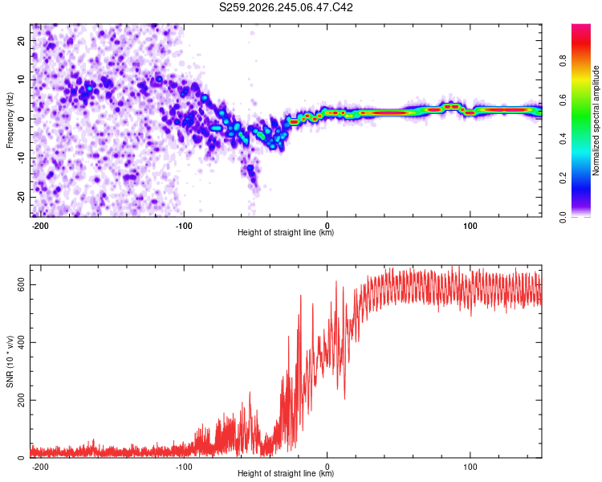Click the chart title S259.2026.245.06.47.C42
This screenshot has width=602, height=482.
tap(286, 7)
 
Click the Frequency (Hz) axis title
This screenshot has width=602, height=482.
tap(10, 120)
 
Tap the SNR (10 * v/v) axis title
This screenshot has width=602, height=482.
tap(10, 361)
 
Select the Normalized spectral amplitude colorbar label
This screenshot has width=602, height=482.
tap(596, 120)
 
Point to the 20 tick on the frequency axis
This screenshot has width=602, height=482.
tap(21, 40)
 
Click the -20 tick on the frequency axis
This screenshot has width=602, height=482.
tap(21, 198)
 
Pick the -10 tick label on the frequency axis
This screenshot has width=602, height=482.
tap(21, 158)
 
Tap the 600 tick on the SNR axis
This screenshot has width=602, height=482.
tap(21, 285)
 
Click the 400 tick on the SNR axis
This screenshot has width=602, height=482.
tap(21, 342)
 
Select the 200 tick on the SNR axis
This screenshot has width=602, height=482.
tap(21, 400)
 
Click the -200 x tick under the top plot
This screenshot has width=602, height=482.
tap(40, 226)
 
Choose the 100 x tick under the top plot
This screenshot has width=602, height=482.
tap(470, 226)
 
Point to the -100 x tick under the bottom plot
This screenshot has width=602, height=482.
tap(184, 467)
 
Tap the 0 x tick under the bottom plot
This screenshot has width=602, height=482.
tap(327, 467)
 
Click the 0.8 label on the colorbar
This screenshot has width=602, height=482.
tap(563, 61)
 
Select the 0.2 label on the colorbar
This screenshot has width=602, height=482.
tap(563, 178)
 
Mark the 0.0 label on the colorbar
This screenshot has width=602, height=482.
tap(563, 217)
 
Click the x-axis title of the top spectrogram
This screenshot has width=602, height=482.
tap(286, 232)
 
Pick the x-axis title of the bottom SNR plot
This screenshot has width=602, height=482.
tap(286, 473)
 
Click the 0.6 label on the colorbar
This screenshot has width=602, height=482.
tap(563, 100)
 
